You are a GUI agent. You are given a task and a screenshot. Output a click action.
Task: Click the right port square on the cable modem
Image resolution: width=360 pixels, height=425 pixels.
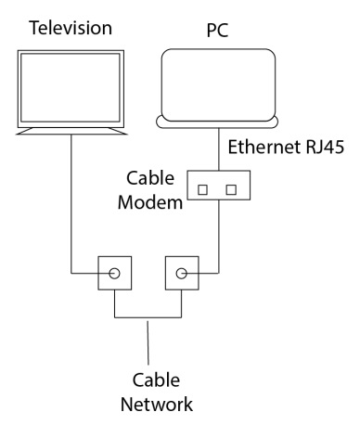tap(231, 189)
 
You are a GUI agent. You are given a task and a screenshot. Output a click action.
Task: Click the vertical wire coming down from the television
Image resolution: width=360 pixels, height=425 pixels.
tap(70, 204)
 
